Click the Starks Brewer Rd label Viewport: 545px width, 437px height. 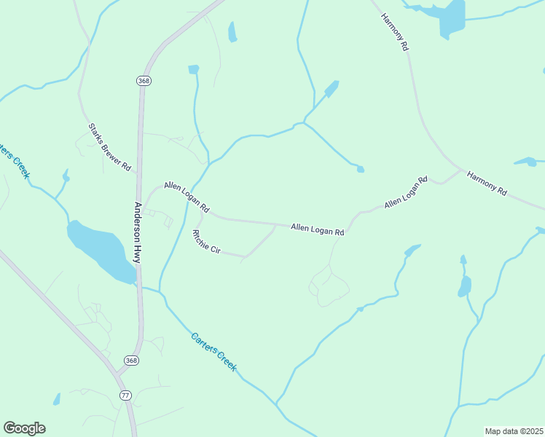109,147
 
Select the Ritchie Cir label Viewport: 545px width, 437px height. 205,242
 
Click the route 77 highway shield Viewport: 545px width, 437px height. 125,395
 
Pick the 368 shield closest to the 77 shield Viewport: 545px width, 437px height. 130,361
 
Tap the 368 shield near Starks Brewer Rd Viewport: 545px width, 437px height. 143,81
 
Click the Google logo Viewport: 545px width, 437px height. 24,428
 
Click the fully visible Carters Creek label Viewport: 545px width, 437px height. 213,353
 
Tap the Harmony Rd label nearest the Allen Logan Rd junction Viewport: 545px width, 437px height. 487,183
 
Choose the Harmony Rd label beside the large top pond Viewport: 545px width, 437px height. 395,32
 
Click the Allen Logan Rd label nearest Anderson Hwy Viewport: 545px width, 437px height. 187,197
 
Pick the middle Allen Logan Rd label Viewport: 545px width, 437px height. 317,230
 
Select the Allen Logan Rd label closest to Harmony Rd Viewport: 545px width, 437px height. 406,192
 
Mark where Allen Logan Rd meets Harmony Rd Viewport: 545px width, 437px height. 462,170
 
